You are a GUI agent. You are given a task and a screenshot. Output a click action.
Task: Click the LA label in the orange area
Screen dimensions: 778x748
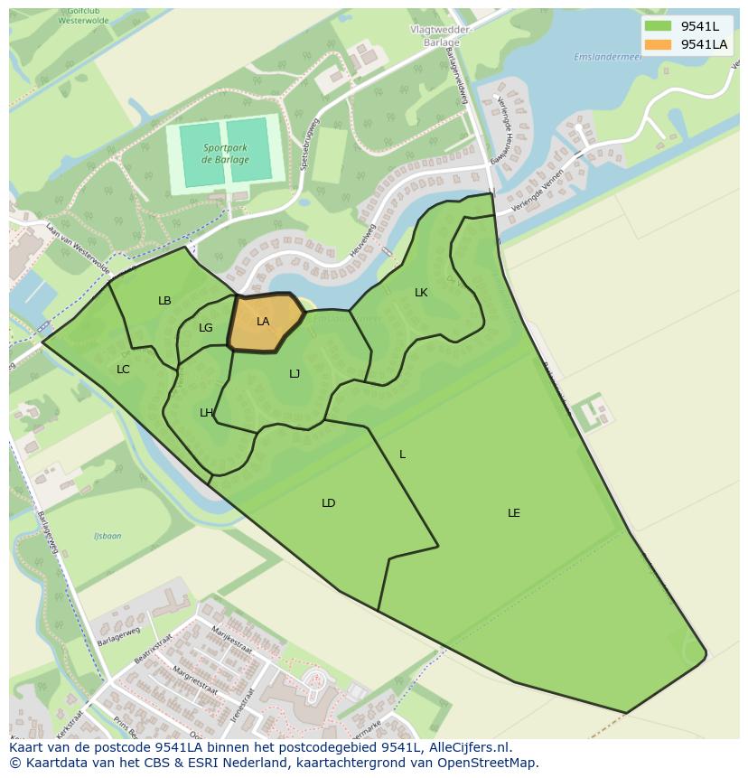click(263, 322)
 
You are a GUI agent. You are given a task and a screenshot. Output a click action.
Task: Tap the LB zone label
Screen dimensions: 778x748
click(164, 301)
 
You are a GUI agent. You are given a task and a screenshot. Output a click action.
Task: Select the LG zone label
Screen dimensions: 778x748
click(206, 328)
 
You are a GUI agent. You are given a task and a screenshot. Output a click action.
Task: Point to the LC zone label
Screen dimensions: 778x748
click(123, 370)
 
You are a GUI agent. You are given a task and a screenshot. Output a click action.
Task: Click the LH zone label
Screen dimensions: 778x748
click(206, 413)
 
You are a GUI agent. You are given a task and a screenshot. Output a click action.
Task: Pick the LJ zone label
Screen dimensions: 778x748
click(295, 374)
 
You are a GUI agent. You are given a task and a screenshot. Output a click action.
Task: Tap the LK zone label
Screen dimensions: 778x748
click(421, 293)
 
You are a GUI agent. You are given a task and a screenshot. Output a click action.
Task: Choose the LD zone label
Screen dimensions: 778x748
click(328, 503)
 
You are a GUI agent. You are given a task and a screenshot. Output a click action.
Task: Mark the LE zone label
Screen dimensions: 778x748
click(514, 513)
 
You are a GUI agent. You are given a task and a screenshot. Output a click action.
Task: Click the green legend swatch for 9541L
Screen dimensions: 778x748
click(657, 25)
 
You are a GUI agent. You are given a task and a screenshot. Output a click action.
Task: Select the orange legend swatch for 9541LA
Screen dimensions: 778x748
click(657, 44)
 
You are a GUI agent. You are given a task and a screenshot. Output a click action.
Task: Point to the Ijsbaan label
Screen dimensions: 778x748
click(108, 536)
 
